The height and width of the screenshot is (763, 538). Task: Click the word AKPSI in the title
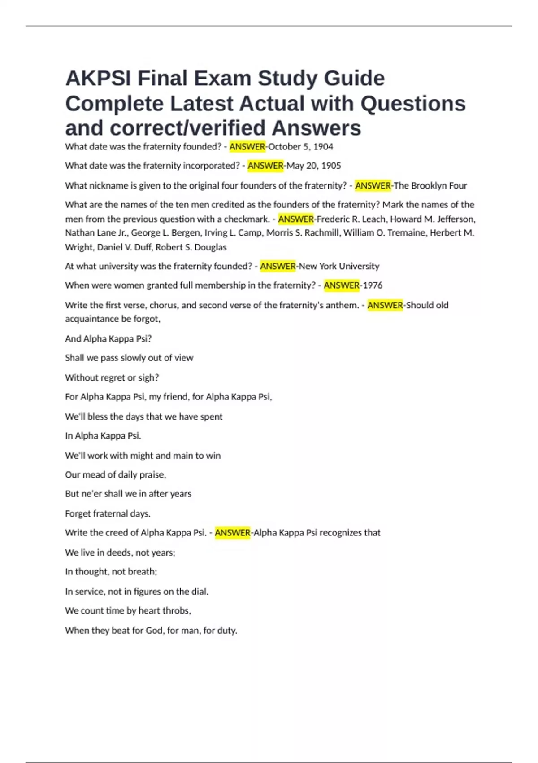tap(98, 79)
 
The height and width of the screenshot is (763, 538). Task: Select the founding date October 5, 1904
tap(300, 147)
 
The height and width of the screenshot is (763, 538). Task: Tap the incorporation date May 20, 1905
tap(314, 166)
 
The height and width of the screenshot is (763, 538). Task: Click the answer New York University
tap(338, 267)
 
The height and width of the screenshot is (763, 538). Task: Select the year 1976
tap(373, 285)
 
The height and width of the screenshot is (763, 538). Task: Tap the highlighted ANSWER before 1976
tap(342, 285)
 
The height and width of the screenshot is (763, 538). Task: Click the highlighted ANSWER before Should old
tap(385, 305)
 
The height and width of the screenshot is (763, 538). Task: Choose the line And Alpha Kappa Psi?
tap(108, 339)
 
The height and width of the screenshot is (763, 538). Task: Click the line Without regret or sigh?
tap(112, 378)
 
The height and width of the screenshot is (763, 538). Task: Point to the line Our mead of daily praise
tap(116, 475)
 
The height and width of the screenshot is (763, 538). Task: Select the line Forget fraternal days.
tap(108, 514)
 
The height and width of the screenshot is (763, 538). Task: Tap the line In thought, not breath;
tap(111, 572)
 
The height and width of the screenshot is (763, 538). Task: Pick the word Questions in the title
tap(413, 104)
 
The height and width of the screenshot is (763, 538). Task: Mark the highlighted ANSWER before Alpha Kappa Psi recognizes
tap(232, 533)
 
